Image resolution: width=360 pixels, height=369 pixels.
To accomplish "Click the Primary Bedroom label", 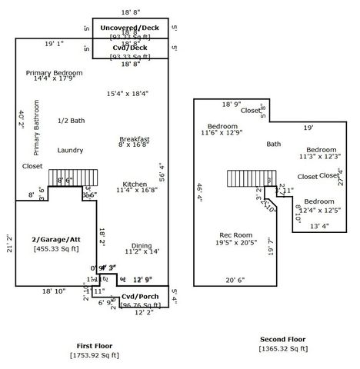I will pos(54,73).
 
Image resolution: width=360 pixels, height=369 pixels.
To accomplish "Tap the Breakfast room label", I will pos(134,139).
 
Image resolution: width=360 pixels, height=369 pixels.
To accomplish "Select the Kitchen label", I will pos(135,184).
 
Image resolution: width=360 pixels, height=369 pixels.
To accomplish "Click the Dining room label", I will pos(142,246).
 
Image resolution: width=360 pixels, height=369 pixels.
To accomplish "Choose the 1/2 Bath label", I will pos(72,121).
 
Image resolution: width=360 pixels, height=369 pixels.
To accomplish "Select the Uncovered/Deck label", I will pos(129,28).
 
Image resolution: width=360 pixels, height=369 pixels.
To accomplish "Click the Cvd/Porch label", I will pos(141,296).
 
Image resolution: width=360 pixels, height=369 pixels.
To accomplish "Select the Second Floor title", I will pos(282,339).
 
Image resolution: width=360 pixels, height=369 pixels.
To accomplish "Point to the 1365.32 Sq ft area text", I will pos(282,349).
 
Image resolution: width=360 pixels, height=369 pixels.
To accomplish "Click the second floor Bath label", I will pos(274,144).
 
